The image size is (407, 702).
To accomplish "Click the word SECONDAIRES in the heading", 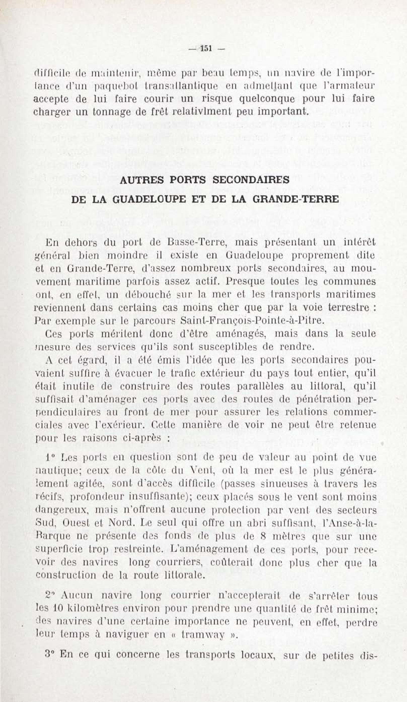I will click(x=251, y=180).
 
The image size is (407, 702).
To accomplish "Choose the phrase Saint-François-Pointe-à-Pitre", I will click(x=252, y=320).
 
